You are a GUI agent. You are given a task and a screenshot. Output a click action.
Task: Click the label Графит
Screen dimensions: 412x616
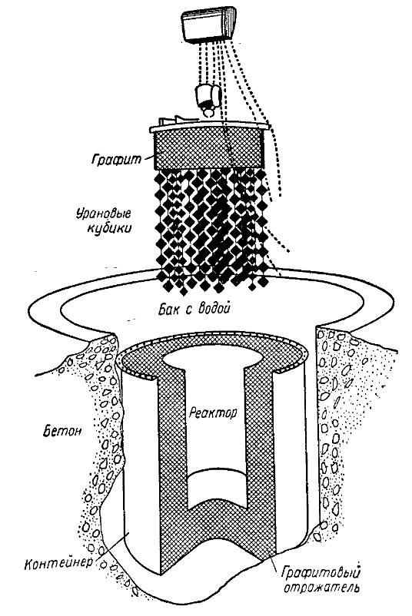click(116, 160)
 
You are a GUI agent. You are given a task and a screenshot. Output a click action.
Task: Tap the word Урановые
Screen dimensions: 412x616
click(103, 214)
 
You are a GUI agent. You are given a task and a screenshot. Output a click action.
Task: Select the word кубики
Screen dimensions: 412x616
click(108, 229)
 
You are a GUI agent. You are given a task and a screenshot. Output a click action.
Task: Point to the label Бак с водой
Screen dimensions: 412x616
click(194, 310)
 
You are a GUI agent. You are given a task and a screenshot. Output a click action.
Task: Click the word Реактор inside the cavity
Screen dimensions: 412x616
click(213, 413)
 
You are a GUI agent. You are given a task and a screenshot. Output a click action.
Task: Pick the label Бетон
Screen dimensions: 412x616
click(63, 431)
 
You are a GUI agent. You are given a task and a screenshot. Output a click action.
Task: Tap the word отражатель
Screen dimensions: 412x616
click(322, 588)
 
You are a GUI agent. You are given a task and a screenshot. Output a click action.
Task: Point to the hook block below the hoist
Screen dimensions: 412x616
click(208, 98)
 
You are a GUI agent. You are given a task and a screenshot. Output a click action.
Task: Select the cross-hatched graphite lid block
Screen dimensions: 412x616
click(208, 147)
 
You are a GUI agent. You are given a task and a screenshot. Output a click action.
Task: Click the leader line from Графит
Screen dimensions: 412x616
click(147, 158)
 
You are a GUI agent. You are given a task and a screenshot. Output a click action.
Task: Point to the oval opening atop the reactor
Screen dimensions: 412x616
click(212, 359)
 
